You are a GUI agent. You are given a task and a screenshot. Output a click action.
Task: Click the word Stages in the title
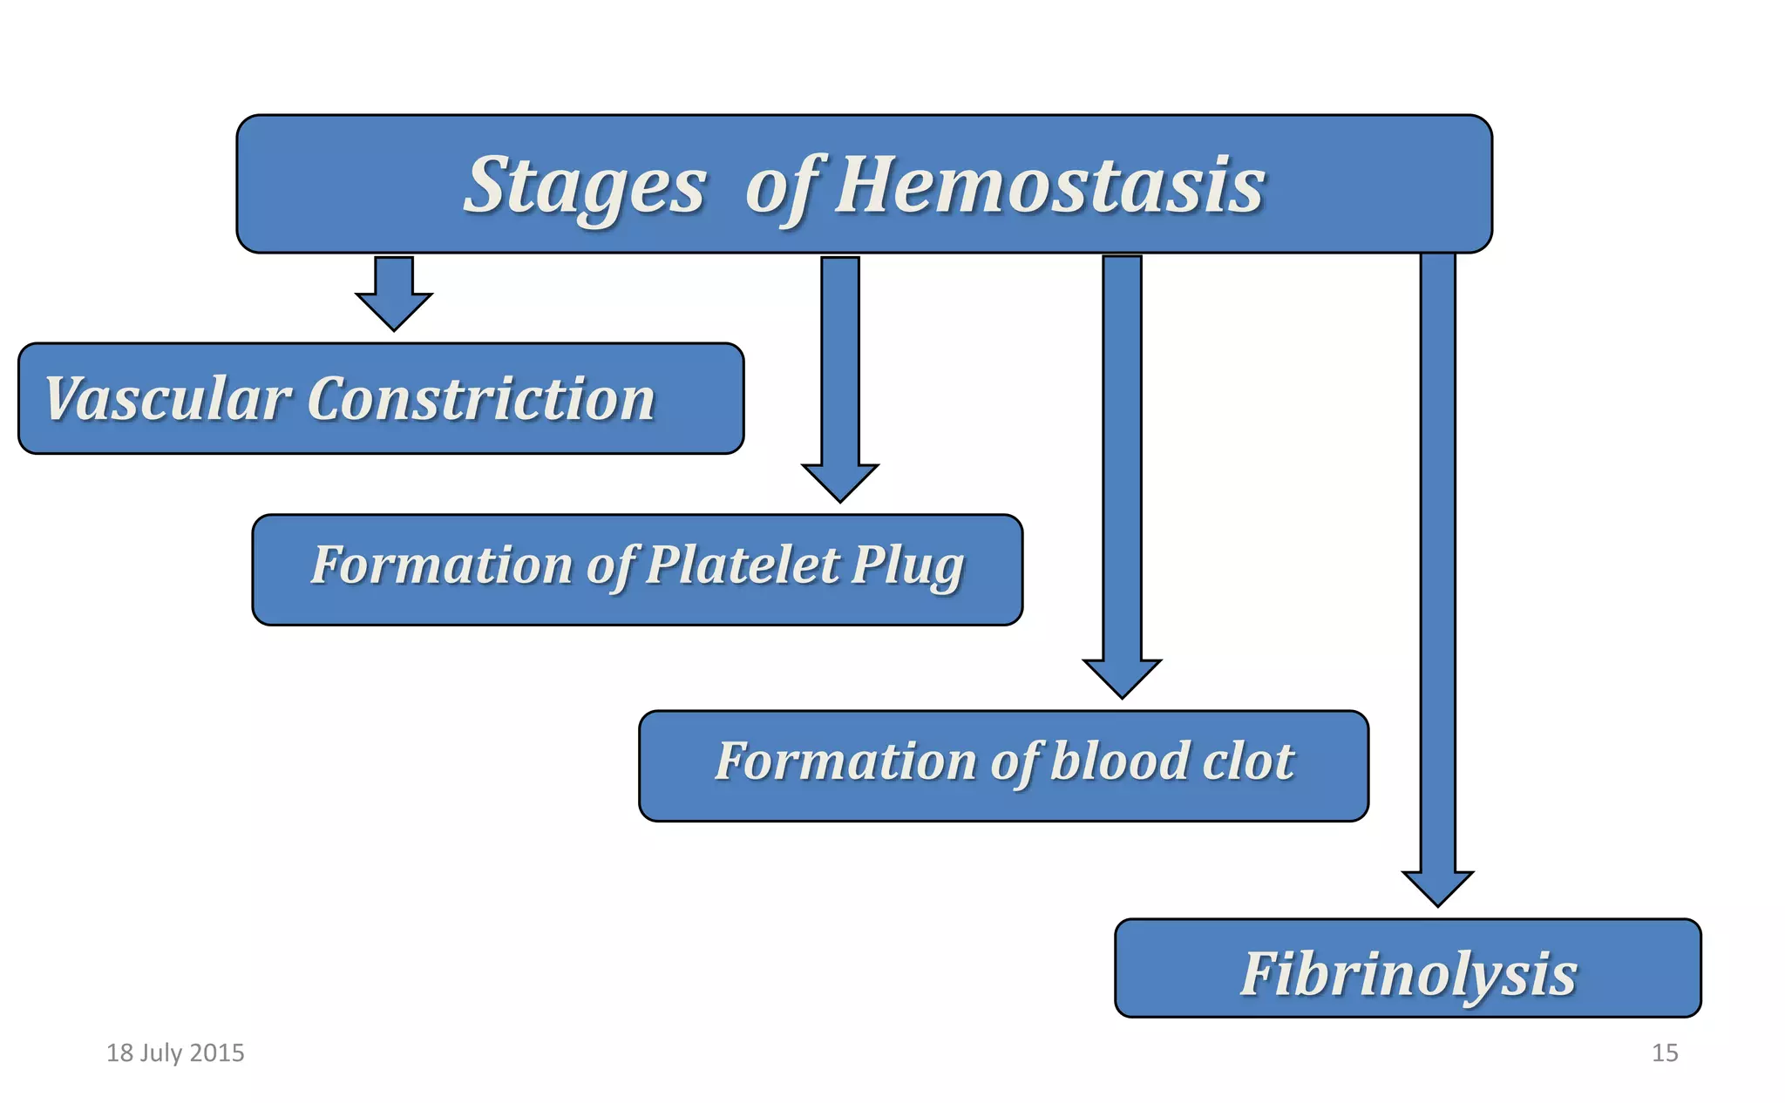pyautogui.click(x=584, y=186)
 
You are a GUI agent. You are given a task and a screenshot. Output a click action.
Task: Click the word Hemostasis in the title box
pyautogui.click(x=1049, y=186)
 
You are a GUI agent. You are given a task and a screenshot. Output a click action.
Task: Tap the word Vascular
pyautogui.click(x=166, y=399)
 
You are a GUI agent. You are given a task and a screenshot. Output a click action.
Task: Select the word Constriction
pyautogui.click(x=480, y=399)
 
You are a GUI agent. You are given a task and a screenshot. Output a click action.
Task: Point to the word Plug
pyautogui.click(x=907, y=566)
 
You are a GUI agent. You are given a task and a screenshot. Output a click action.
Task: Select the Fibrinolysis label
pyautogui.click(x=1408, y=973)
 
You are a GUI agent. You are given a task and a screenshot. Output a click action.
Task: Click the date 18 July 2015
pyautogui.click(x=175, y=1053)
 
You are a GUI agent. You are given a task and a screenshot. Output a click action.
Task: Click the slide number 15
pyautogui.click(x=1665, y=1053)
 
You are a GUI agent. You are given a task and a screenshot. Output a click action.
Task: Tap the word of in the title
pyautogui.click(x=782, y=187)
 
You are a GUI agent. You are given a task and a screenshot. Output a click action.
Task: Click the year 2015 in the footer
pyautogui.click(x=217, y=1053)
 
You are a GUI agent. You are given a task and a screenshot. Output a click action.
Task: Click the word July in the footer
pyautogui.click(x=160, y=1053)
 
